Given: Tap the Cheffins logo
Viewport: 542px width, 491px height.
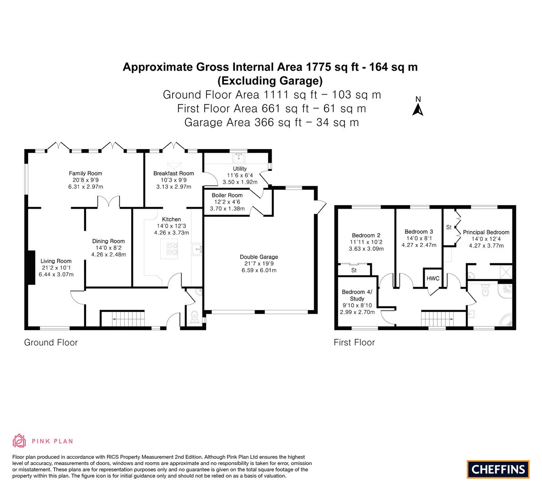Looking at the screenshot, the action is (x=498, y=469).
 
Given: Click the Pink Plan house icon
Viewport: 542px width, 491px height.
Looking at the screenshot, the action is (x=20, y=441).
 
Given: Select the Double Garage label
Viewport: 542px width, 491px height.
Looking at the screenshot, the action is (x=259, y=257).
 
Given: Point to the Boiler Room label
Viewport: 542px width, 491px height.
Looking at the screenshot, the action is (x=227, y=195).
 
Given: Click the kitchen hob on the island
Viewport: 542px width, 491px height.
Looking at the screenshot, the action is (x=172, y=249).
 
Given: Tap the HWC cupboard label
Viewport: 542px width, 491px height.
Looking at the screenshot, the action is (x=433, y=279).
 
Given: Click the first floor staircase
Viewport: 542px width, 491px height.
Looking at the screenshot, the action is (x=437, y=319).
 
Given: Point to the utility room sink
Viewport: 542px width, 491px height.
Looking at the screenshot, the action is (x=239, y=159).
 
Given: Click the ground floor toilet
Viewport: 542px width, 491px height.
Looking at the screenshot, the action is (x=194, y=316).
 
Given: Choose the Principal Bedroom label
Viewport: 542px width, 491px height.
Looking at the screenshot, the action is (x=486, y=232).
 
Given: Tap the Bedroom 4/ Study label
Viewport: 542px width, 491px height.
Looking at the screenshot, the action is (x=357, y=295).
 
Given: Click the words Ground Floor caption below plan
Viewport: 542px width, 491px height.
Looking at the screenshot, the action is (x=51, y=342).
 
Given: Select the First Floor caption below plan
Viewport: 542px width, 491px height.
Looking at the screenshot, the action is (x=354, y=342).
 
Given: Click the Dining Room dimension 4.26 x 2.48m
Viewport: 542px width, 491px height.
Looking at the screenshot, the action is (x=109, y=255).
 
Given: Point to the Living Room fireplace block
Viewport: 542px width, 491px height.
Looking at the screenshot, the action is (x=31, y=268).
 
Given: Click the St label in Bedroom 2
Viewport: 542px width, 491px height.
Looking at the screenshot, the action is (x=354, y=271).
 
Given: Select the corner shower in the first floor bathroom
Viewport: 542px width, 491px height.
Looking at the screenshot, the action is (x=506, y=319).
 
